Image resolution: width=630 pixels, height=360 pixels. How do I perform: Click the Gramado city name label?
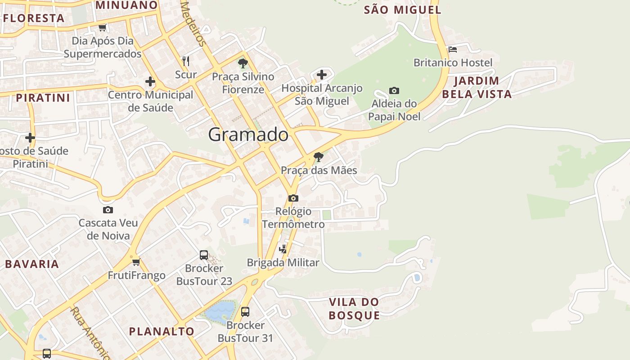(248, 135)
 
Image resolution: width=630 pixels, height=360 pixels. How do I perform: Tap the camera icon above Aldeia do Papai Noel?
(394, 91)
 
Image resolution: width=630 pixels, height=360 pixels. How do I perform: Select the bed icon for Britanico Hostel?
(453, 49)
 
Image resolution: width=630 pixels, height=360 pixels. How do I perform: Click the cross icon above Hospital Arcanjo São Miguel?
(322, 74)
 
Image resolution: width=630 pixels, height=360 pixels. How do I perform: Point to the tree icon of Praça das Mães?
(319, 157)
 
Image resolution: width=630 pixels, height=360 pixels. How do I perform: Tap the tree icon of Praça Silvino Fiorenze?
(243, 63)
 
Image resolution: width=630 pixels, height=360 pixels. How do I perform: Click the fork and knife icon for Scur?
(186, 61)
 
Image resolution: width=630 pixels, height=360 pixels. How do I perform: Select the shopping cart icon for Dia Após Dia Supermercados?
(103, 28)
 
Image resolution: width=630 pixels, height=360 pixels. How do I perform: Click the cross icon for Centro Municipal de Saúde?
(150, 82)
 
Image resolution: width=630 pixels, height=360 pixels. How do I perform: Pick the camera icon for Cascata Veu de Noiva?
(108, 210)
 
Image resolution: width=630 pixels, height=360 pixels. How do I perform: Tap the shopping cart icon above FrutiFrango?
(136, 262)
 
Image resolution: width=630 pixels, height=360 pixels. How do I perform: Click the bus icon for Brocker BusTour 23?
(204, 255)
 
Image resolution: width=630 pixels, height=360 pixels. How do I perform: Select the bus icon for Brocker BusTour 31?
(245, 311)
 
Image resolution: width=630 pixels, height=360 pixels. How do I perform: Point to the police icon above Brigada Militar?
(283, 249)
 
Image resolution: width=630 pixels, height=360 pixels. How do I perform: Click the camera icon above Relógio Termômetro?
(293, 198)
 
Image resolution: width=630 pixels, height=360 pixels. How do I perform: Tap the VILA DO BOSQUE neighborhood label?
(354, 308)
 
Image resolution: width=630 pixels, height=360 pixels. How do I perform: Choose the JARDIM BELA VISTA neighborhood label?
(477, 87)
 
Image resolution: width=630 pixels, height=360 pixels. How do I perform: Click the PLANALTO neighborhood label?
(162, 331)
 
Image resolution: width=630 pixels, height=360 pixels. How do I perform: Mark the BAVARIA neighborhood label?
(32, 264)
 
